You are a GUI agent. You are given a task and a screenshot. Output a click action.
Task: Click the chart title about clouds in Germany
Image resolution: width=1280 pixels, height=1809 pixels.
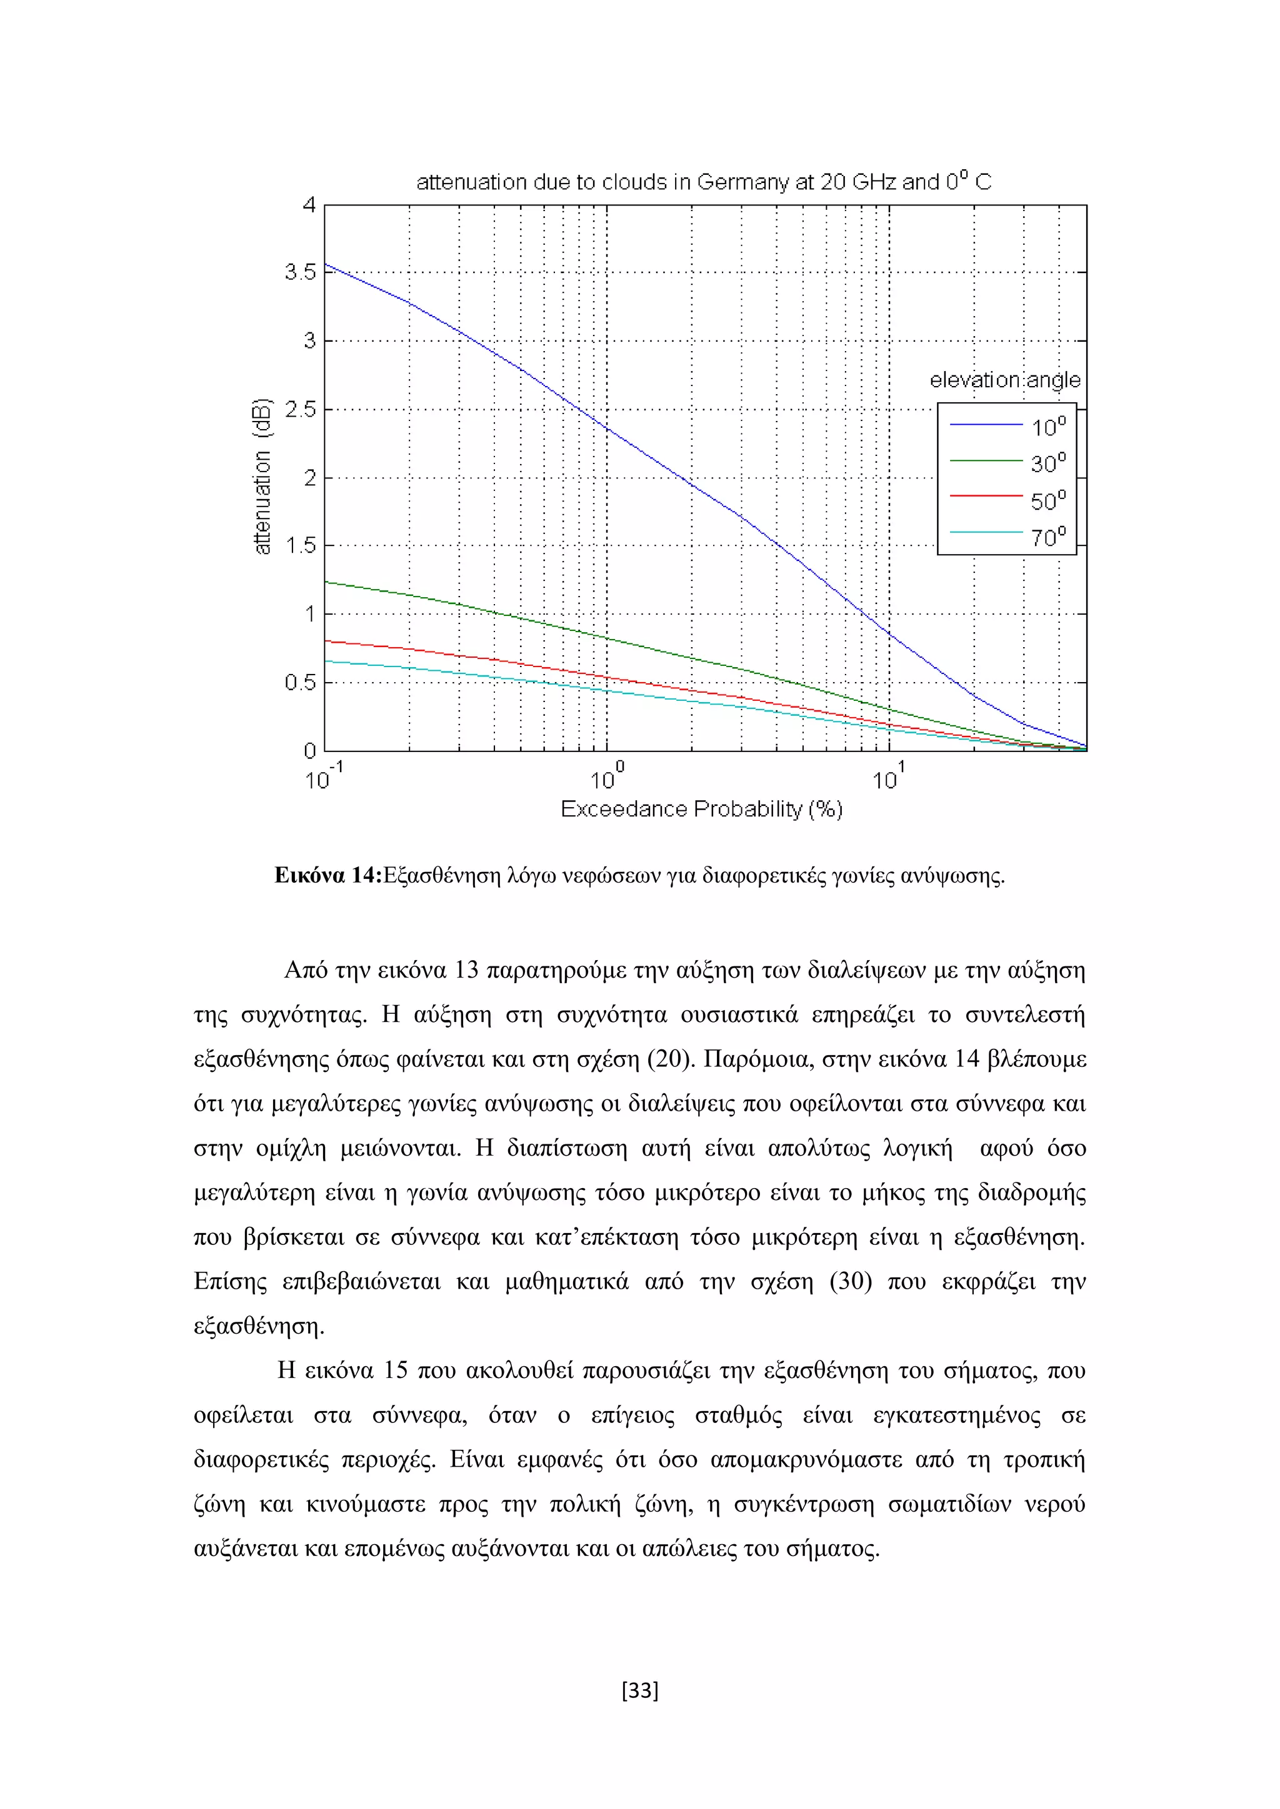point(703,182)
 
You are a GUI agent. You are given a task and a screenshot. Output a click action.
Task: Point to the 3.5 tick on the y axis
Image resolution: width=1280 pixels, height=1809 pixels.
point(299,272)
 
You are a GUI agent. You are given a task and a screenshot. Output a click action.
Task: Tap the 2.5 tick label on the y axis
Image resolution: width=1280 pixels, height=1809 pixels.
point(299,409)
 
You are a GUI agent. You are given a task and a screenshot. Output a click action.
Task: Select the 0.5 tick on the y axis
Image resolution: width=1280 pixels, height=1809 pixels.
point(299,682)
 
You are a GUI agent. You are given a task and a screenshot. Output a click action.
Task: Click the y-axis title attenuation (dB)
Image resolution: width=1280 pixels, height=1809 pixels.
point(262,476)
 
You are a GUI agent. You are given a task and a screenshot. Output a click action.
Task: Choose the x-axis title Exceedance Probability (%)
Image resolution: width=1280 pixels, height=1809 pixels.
point(701,809)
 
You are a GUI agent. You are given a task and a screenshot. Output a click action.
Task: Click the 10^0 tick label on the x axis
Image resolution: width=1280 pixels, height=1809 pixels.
point(606,777)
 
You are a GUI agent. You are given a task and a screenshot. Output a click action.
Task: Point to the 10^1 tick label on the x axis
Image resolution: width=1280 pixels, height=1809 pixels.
point(888,777)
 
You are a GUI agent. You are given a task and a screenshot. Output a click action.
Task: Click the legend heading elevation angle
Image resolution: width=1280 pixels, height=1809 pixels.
point(1005,380)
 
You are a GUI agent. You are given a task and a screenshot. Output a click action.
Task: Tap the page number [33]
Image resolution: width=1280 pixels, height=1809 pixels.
point(640,1690)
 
